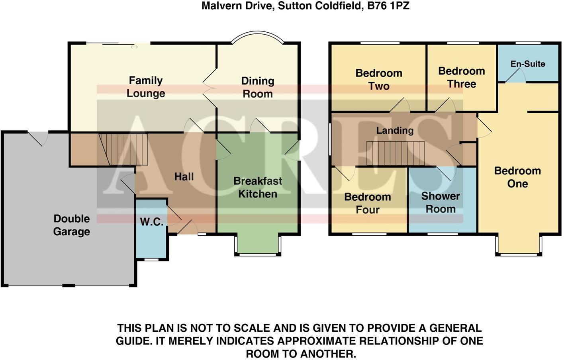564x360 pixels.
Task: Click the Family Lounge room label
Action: [x=146, y=87]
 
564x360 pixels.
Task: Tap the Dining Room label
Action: [x=258, y=87]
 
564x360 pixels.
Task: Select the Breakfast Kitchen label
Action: [x=258, y=187]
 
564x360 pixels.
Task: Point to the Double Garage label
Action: [x=72, y=225]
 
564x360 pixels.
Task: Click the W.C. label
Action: [x=151, y=222]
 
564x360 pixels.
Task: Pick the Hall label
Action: [x=184, y=176]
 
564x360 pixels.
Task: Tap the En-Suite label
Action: [x=528, y=64]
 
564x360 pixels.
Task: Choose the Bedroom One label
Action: [x=517, y=177]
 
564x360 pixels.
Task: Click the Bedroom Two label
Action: [x=379, y=79]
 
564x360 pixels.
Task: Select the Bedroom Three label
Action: [x=462, y=77]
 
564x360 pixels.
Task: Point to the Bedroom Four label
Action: [x=367, y=203]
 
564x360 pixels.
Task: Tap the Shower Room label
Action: [x=441, y=202]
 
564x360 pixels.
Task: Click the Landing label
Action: [x=395, y=130]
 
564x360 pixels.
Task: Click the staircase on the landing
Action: [x=396, y=153]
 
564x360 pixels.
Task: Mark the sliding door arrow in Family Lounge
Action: [x=134, y=47]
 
